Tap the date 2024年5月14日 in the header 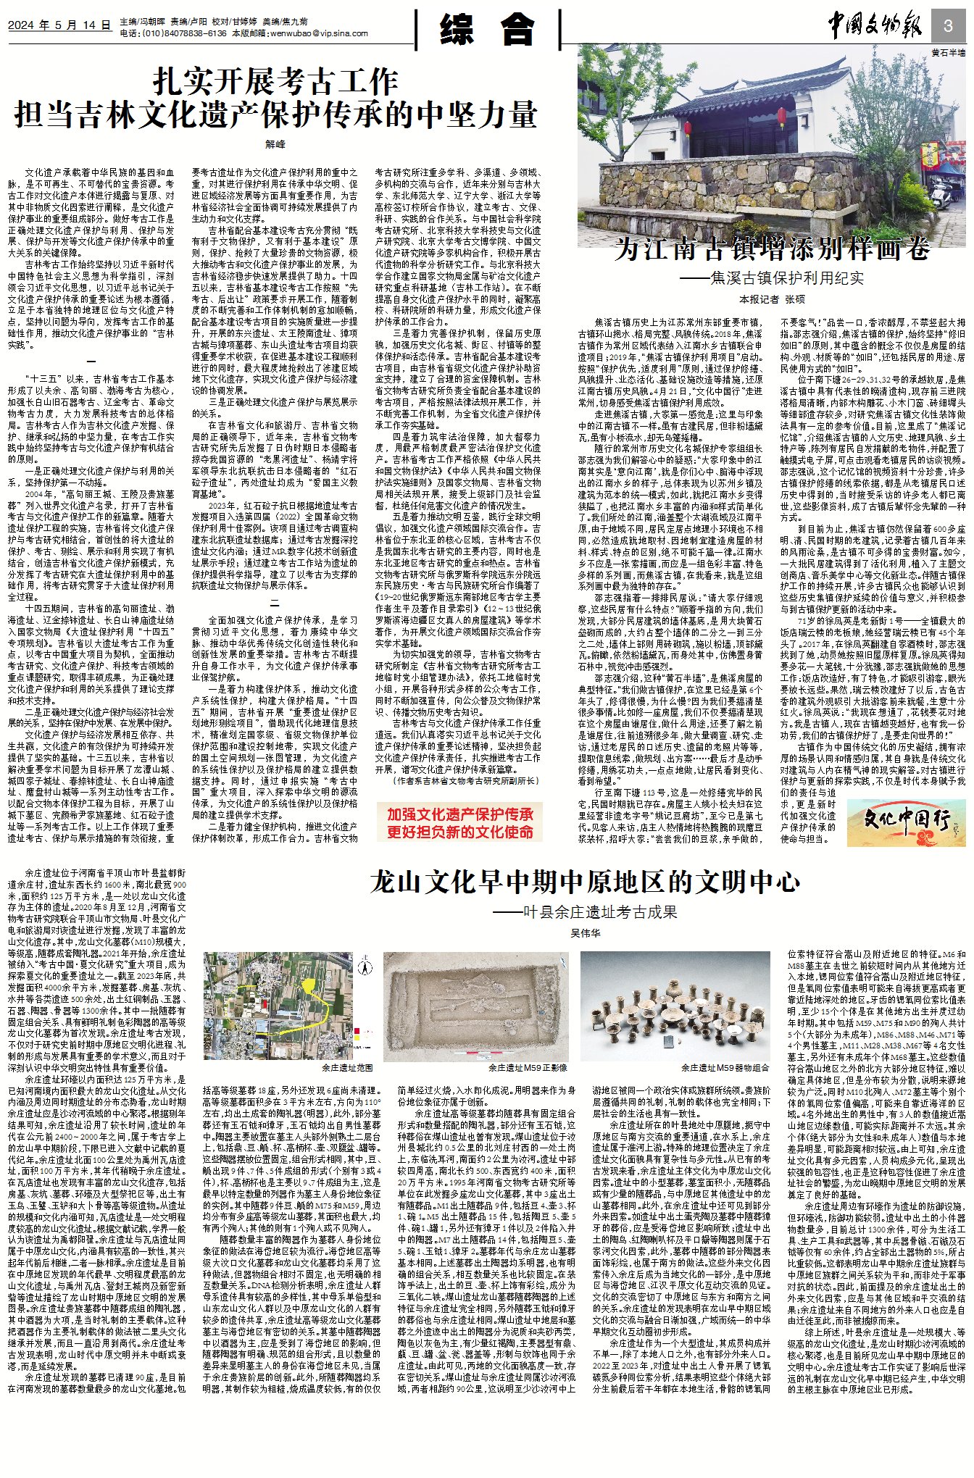[x=59, y=25]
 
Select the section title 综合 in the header [x=487, y=30]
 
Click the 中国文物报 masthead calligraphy [x=875, y=27]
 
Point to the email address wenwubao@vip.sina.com [x=319, y=33]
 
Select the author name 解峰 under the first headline [x=275, y=144]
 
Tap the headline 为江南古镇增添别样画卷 [x=773, y=249]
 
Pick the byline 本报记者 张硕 [x=773, y=299]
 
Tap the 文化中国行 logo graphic [x=905, y=822]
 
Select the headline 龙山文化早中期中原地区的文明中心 [x=584, y=882]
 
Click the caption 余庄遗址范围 [x=347, y=1069]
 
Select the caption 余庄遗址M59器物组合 [x=725, y=1068]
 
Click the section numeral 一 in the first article [x=91, y=362]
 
